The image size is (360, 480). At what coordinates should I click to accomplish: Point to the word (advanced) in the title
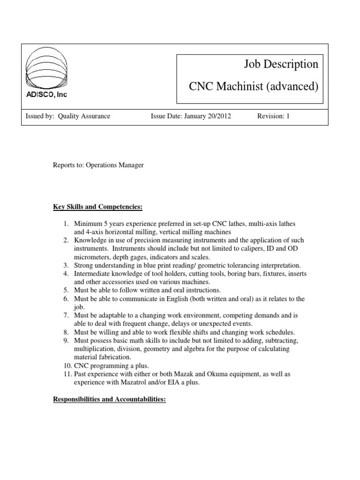click(293, 87)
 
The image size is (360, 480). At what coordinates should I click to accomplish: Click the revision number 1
click(288, 116)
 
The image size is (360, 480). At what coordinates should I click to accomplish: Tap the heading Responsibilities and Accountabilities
click(109, 403)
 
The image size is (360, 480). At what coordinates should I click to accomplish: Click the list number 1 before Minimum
click(66, 224)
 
